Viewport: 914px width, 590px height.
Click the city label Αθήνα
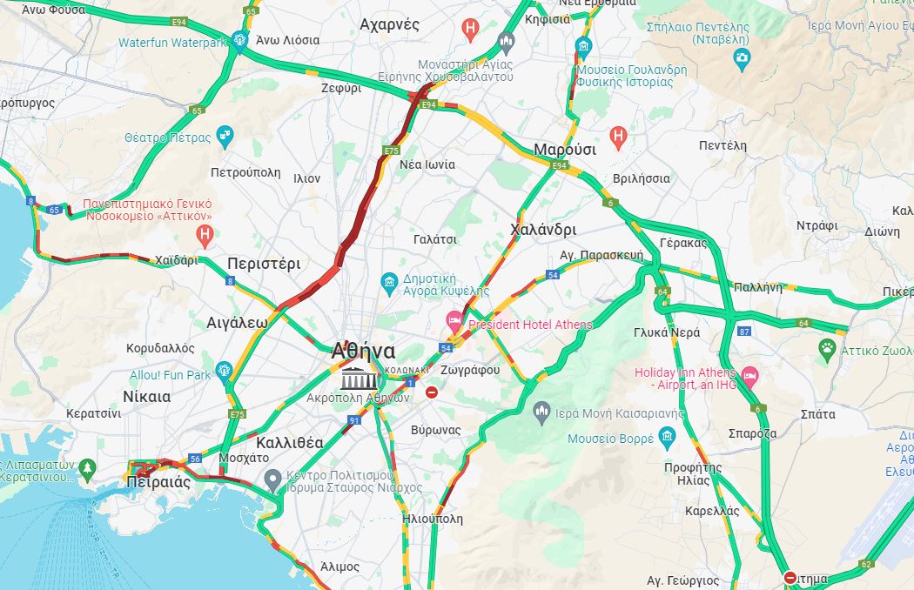pos(363,352)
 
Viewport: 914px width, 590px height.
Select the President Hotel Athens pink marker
pos(454,320)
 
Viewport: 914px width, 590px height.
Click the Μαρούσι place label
pos(564,149)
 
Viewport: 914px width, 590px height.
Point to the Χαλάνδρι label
pos(542,230)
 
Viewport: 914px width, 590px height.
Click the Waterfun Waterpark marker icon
pos(240,40)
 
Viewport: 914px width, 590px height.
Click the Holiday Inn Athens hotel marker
pos(749,377)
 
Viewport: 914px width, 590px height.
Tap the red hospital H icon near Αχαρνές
pos(470,29)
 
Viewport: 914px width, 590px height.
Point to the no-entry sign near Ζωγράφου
pos(432,392)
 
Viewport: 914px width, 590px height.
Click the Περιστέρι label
pos(263,263)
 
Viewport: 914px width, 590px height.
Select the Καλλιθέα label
pos(290,442)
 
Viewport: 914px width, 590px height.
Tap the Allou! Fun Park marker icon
pos(225,372)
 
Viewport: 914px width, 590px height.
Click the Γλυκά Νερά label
pos(667,332)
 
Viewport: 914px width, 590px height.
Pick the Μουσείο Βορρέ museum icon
pos(667,437)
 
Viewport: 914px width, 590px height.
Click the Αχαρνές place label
pos(389,23)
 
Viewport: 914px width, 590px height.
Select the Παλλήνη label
pos(756,285)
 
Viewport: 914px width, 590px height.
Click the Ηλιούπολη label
pos(433,519)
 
